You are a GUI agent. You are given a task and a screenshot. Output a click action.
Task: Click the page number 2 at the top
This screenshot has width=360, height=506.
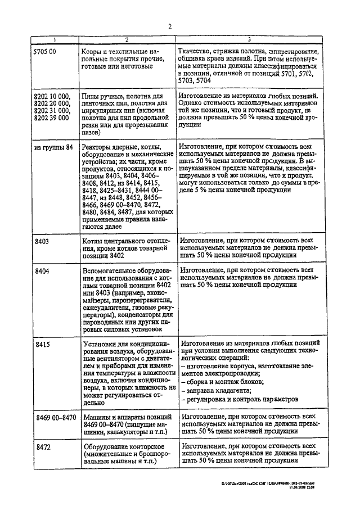(169, 25)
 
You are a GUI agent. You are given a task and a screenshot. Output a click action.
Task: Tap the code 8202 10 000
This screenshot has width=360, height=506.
(52, 96)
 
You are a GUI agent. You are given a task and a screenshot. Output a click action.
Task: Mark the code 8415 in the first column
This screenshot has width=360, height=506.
(42, 342)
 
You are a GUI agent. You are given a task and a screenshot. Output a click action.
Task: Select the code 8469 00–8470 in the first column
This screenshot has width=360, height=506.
(55, 417)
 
